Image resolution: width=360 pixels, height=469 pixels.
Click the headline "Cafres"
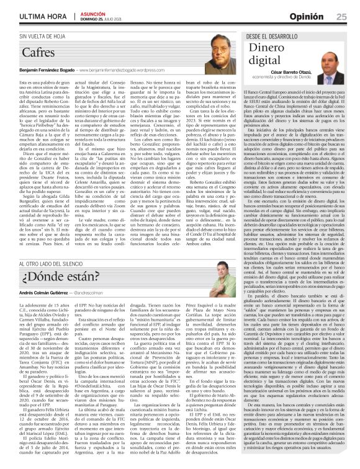(38, 53)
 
